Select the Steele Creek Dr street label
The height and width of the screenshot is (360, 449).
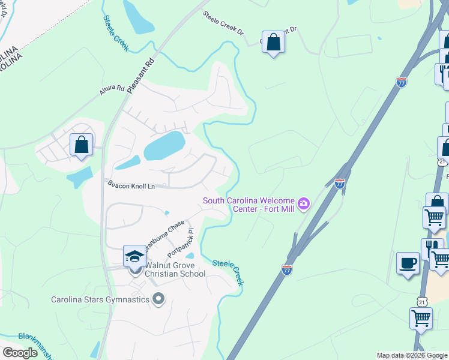(223, 23)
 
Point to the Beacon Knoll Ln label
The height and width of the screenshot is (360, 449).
(131, 186)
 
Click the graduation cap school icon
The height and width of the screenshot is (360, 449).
(134, 257)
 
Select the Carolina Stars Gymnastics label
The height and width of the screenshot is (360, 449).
(100, 299)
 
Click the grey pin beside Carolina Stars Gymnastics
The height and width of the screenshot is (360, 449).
(158, 298)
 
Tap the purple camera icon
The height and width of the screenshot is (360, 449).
(304, 204)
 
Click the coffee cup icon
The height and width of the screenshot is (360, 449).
(408, 263)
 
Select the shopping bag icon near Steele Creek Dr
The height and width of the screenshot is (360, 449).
(273, 43)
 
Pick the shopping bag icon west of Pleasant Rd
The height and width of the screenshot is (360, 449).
(81, 145)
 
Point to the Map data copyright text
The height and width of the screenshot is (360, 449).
(412, 356)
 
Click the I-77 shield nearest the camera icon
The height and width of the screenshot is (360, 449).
(340, 184)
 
